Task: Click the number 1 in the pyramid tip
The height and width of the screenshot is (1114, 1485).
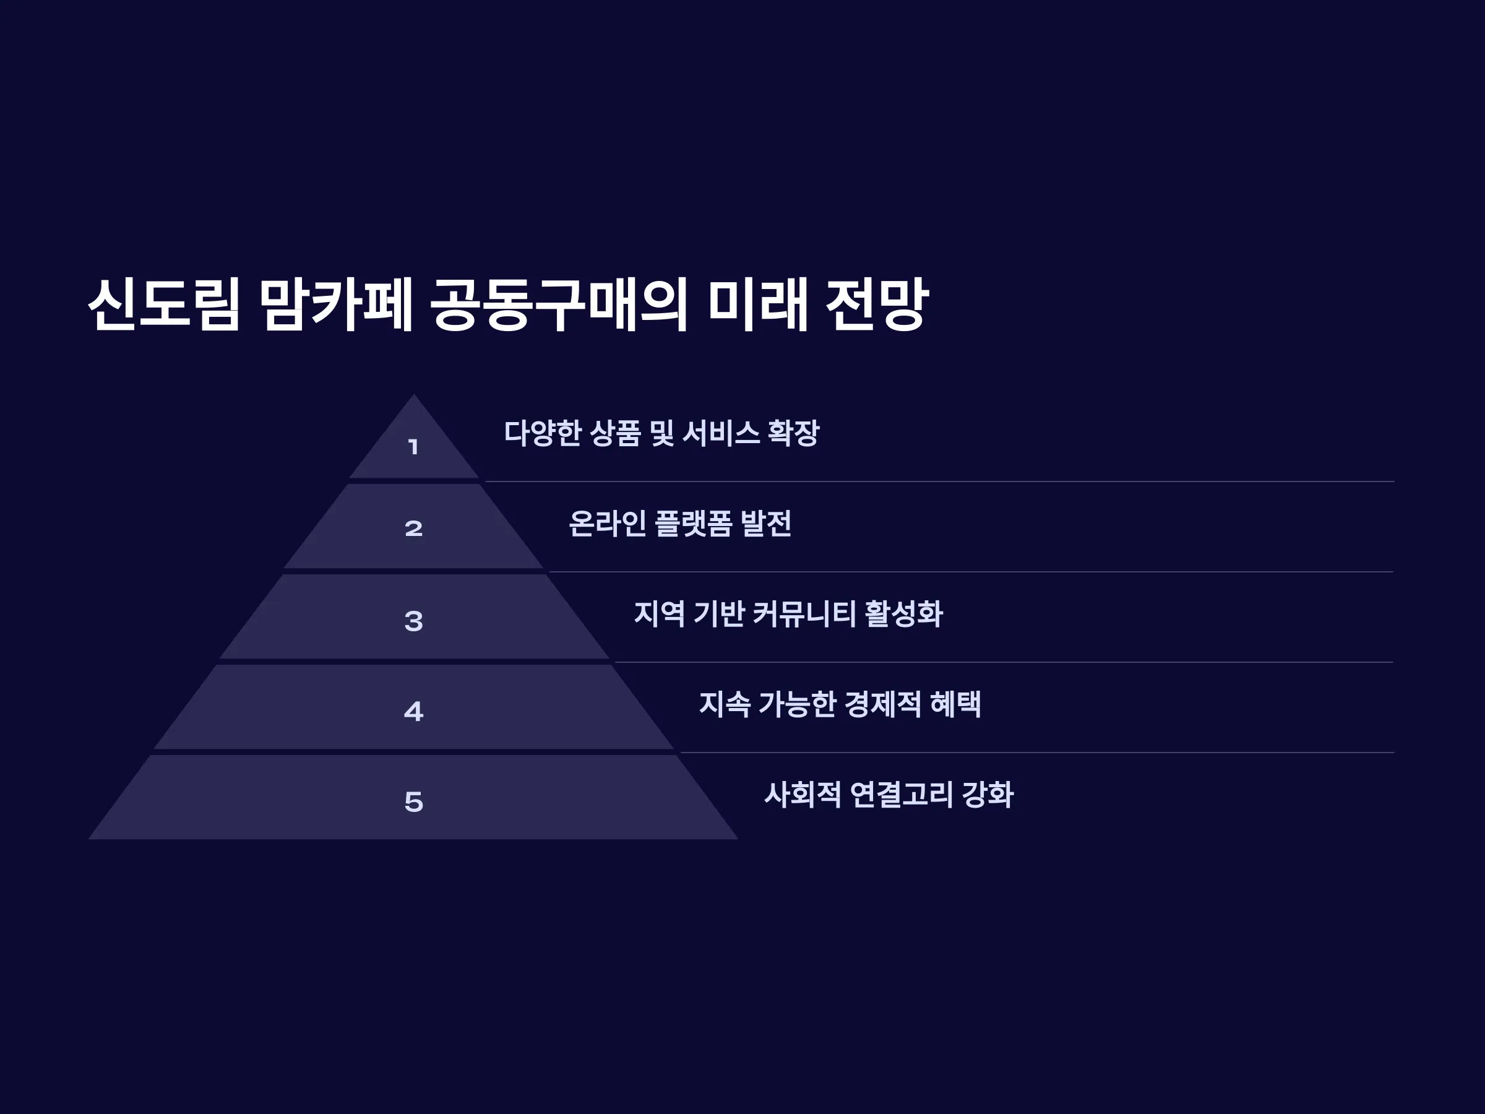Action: pos(413,447)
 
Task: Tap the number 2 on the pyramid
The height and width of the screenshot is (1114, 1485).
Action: pos(413,529)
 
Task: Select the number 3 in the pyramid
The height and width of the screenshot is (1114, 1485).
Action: pos(413,621)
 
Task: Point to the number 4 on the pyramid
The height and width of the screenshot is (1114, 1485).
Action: pos(413,711)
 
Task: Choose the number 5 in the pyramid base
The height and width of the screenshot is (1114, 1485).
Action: pos(413,801)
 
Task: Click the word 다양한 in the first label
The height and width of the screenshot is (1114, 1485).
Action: pos(543,433)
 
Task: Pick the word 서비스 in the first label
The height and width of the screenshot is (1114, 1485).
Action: pos(721,433)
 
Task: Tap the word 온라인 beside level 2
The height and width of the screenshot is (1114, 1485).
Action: pos(608,523)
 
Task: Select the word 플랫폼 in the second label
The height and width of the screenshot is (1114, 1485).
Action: pos(693,523)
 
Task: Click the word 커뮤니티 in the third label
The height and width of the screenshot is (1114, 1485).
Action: pos(804,614)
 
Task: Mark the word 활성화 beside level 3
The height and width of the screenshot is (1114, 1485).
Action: pos(903,614)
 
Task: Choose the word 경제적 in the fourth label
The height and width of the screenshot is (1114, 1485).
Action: pos(882,704)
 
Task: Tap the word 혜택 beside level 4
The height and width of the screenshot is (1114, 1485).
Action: pos(955,704)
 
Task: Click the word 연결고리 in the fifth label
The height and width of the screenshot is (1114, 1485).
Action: pos(901,795)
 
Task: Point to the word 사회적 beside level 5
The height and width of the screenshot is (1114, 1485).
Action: pos(803,795)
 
